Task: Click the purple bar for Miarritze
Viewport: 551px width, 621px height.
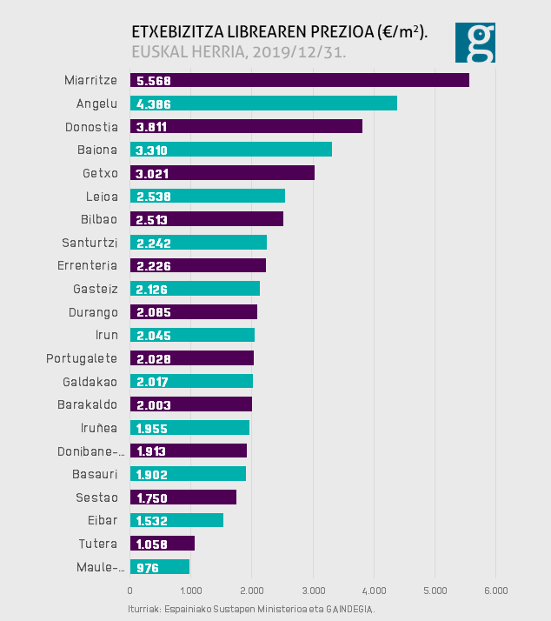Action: [299, 80]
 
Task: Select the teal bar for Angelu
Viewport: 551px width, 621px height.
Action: [263, 103]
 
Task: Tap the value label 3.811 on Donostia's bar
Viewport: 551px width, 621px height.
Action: [152, 127]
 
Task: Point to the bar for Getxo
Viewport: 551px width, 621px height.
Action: [222, 173]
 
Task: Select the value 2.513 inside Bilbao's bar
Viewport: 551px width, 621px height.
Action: [152, 219]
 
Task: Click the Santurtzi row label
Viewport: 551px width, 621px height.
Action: [90, 242]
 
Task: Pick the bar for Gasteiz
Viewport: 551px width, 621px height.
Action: [195, 289]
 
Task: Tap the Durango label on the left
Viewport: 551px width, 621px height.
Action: [93, 311]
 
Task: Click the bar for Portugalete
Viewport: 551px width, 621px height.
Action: [191, 358]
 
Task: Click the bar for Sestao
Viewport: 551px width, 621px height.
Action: [183, 497]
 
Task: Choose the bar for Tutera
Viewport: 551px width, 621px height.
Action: [162, 544]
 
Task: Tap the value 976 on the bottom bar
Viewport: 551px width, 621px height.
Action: [149, 567]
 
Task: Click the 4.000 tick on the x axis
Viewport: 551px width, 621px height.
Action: [374, 591]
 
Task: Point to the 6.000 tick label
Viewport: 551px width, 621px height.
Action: [495, 591]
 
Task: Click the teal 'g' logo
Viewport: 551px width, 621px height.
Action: [475, 43]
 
